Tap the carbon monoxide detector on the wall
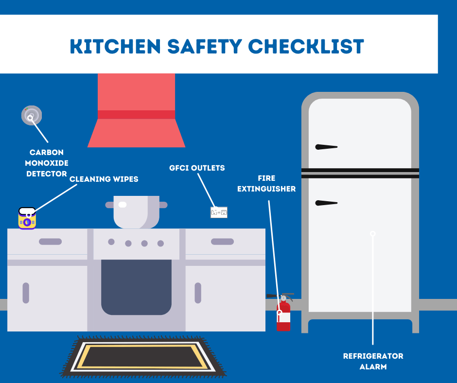[32, 115]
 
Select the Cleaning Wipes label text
[104, 179]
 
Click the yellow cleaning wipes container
[27, 218]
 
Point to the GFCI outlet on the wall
[219, 212]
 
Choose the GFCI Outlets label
[196, 168]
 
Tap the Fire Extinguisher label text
[266, 183]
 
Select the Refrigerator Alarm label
[373, 361]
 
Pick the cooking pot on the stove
[136, 212]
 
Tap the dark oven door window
[136, 287]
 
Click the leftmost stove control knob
[111, 242]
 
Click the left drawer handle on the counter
[50, 242]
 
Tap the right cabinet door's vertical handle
[198, 293]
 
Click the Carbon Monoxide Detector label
[47, 163]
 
